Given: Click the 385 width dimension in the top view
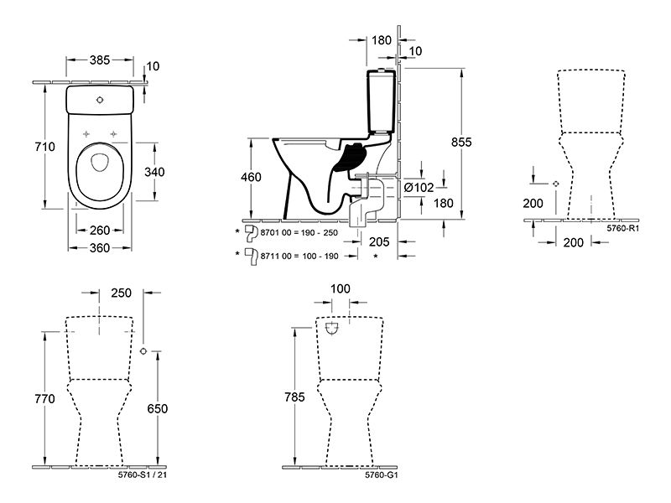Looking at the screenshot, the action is click(x=100, y=60).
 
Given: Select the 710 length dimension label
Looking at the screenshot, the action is click(x=45, y=147).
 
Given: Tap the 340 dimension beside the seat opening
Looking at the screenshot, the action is click(x=154, y=172).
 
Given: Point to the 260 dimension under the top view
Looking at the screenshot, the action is click(x=100, y=231).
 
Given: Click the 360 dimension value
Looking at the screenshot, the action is click(x=100, y=248).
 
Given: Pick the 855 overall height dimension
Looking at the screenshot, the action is click(x=461, y=142).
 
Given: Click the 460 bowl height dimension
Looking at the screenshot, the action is click(x=251, y=177).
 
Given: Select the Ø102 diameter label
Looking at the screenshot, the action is click(x=419, y=187).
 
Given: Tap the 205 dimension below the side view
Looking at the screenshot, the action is click(x=379, y=242).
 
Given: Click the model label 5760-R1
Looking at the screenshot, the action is click(x=622, y=228).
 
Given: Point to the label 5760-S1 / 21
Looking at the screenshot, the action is click(x=142, y=474).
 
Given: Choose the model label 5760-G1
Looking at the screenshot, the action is click(x=382, y=474).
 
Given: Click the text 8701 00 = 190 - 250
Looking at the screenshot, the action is click(x=299, y=233).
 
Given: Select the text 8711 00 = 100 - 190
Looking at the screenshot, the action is click(x=299, y=257).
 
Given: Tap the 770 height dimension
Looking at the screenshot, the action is click(x=45, y=399).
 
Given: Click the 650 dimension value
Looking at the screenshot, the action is click(x=158, y=409).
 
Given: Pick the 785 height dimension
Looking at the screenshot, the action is click(x=295, y=397).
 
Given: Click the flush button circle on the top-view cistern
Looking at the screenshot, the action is click(x=100, y=100).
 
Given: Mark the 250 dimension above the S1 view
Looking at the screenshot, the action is click(x=121, y=293).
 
